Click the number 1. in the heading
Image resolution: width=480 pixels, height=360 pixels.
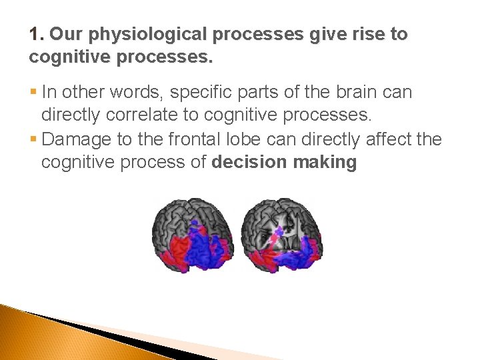pos(37,35)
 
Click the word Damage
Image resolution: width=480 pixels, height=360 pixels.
pos(77,139)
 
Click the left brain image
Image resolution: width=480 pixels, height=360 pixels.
pos(193,235)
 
